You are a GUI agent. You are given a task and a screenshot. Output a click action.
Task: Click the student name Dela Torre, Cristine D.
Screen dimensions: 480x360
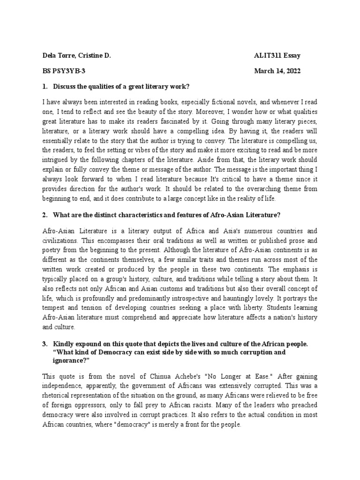point(76,56)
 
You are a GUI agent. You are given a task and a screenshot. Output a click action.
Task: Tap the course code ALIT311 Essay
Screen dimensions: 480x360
point(277,56)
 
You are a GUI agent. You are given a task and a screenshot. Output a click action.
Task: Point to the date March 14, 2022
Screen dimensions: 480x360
point(277,71)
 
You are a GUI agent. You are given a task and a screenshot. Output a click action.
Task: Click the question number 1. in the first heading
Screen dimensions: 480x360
point(45,87)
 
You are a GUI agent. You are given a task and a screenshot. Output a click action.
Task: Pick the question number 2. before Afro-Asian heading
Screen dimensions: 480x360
point(45,215)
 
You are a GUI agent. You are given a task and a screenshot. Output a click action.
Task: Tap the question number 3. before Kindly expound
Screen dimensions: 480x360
point(45,344)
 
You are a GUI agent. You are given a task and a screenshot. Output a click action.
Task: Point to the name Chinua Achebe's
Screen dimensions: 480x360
point(165,376)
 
